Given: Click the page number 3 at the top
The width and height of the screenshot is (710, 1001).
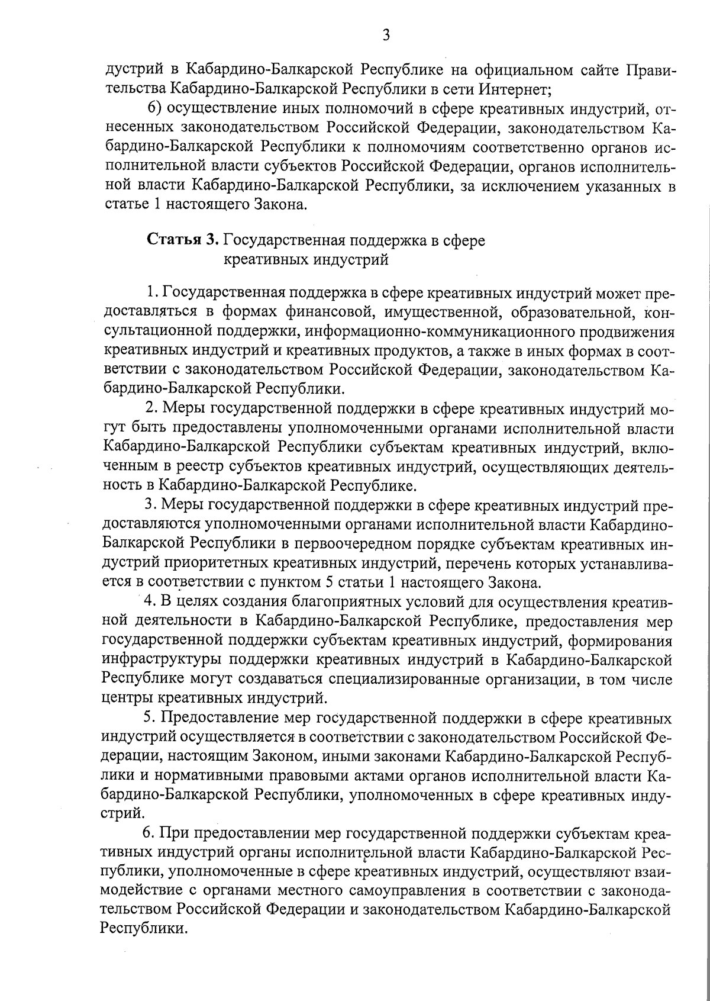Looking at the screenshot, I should coord(386,35).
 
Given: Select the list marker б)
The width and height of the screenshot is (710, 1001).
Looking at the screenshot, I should coord(154,109).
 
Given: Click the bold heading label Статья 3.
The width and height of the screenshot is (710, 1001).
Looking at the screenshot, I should coord(183,240).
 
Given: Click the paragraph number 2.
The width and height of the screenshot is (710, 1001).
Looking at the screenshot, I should coord(150,408).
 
